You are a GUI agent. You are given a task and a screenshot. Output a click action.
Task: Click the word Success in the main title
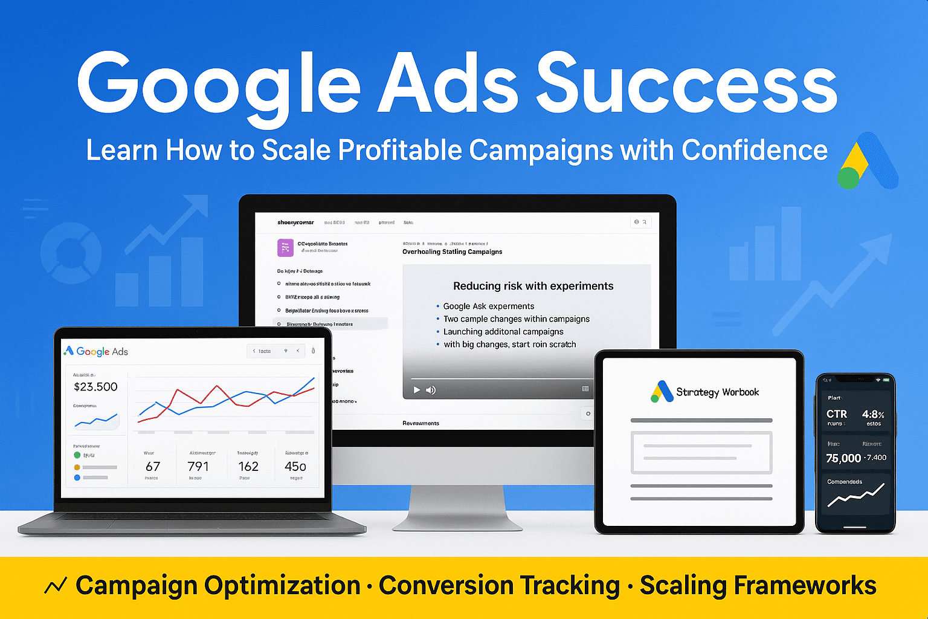click(686, 84)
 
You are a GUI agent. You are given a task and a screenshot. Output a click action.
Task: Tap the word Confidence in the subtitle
click(755, 151)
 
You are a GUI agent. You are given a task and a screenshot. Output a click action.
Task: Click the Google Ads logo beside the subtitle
click(868, 162)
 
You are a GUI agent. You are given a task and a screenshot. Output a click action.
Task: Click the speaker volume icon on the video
click(431, 390)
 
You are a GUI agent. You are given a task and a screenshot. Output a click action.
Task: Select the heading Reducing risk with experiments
click(533, 286)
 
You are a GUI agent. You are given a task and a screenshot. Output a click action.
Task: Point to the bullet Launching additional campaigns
click(503, 331)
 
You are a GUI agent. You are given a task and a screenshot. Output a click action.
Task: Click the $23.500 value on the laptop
click(95, 387)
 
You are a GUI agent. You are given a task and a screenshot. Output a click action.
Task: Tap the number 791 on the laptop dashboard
click(198, 466)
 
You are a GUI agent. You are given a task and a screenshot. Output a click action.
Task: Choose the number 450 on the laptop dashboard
click(295, 466)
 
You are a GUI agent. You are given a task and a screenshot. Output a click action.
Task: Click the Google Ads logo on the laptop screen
click(95, 351)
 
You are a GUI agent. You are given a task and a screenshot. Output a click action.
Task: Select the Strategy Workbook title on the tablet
click(717, 392)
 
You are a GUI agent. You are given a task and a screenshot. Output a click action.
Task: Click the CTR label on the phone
click(837, 414)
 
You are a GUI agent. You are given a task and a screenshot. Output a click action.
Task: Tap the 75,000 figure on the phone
click(843, 458)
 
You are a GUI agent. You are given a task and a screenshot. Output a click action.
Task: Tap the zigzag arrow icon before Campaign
click(56, 585)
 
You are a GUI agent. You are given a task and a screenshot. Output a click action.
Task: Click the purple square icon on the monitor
click(285, 247)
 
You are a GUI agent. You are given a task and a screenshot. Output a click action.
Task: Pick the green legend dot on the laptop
click(77, 455)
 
